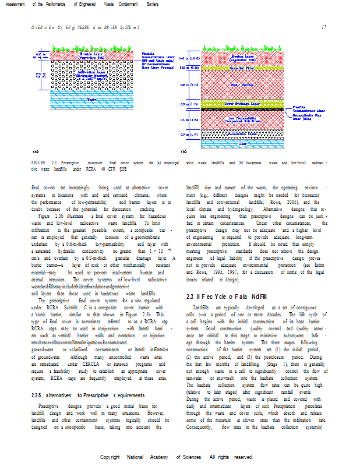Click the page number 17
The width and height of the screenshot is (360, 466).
(x=323, y=27)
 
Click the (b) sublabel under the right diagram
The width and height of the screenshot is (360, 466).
(x=183, y=151)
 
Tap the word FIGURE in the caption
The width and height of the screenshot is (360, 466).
(x=38, y=162)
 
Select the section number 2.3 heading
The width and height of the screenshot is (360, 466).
(x=189, y=296)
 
